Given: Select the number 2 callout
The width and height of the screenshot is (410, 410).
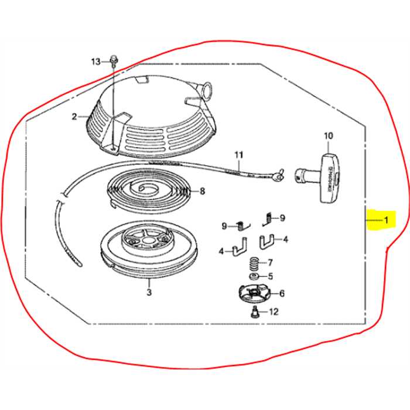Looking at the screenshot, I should coord(74,117).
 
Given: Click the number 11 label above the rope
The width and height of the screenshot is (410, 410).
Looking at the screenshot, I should coord(238,155).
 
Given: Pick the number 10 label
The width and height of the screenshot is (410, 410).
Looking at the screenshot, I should coord(328,136).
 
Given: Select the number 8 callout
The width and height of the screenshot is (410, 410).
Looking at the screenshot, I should coord(202,191).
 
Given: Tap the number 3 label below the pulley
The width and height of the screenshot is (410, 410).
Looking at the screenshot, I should coord(149,291).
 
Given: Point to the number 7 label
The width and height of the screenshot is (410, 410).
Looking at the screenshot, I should coord(270,262).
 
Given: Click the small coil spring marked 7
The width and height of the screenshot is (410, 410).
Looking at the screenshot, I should coord(254,262).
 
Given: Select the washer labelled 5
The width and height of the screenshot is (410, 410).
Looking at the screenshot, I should coord(253,276).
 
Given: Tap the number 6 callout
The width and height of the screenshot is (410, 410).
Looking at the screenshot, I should coord(282,293).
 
